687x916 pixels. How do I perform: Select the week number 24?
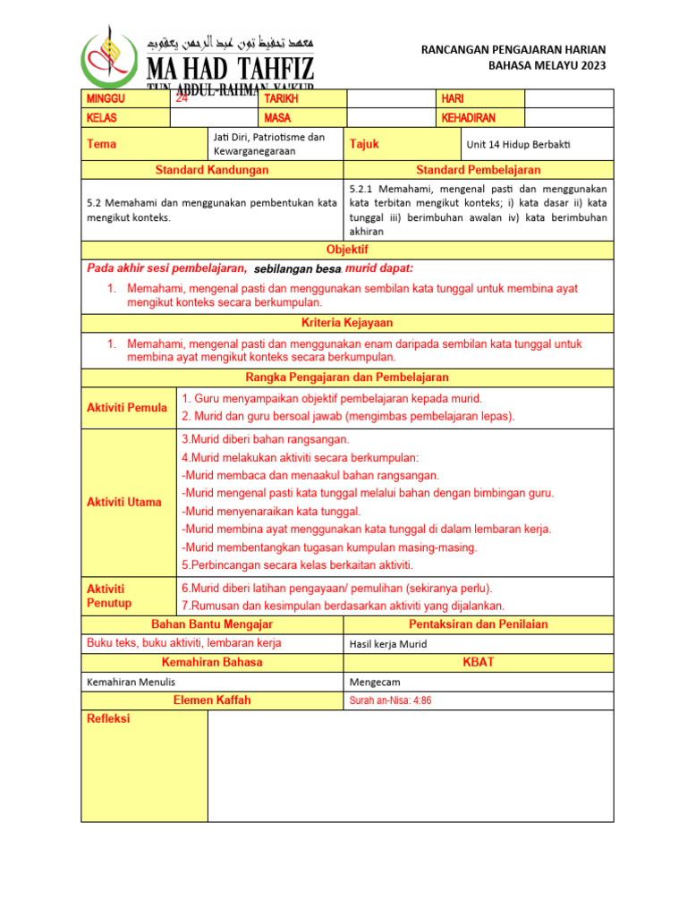tap(182, 99)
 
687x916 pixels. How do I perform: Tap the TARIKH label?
tap(281, 98)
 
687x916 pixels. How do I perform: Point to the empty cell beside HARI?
tap(569, 98)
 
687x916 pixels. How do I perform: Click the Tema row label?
tap(101, 144)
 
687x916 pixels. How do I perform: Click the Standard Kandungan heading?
tap(212, 170)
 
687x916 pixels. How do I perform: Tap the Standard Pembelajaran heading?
tap(479, 170)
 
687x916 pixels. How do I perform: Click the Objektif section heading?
tap(347, 250)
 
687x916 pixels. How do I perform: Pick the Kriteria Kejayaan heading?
tap(347, 322)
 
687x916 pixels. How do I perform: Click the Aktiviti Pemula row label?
tap(127, 408)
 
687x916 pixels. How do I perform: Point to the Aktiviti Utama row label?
tap(124, 502)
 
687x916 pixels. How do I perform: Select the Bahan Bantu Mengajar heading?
tap(212, 624)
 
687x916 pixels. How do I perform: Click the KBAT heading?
tap(479, 662)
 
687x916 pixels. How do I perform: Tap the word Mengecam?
tap(375, 682)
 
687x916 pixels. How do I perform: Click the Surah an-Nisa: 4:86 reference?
tap(390, 700)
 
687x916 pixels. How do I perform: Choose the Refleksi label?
tap(108, 718)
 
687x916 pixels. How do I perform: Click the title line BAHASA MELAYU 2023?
tap(547, 66)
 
